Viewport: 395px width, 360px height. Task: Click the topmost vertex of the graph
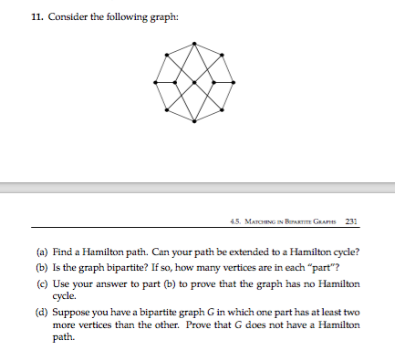(x=193, y=42)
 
